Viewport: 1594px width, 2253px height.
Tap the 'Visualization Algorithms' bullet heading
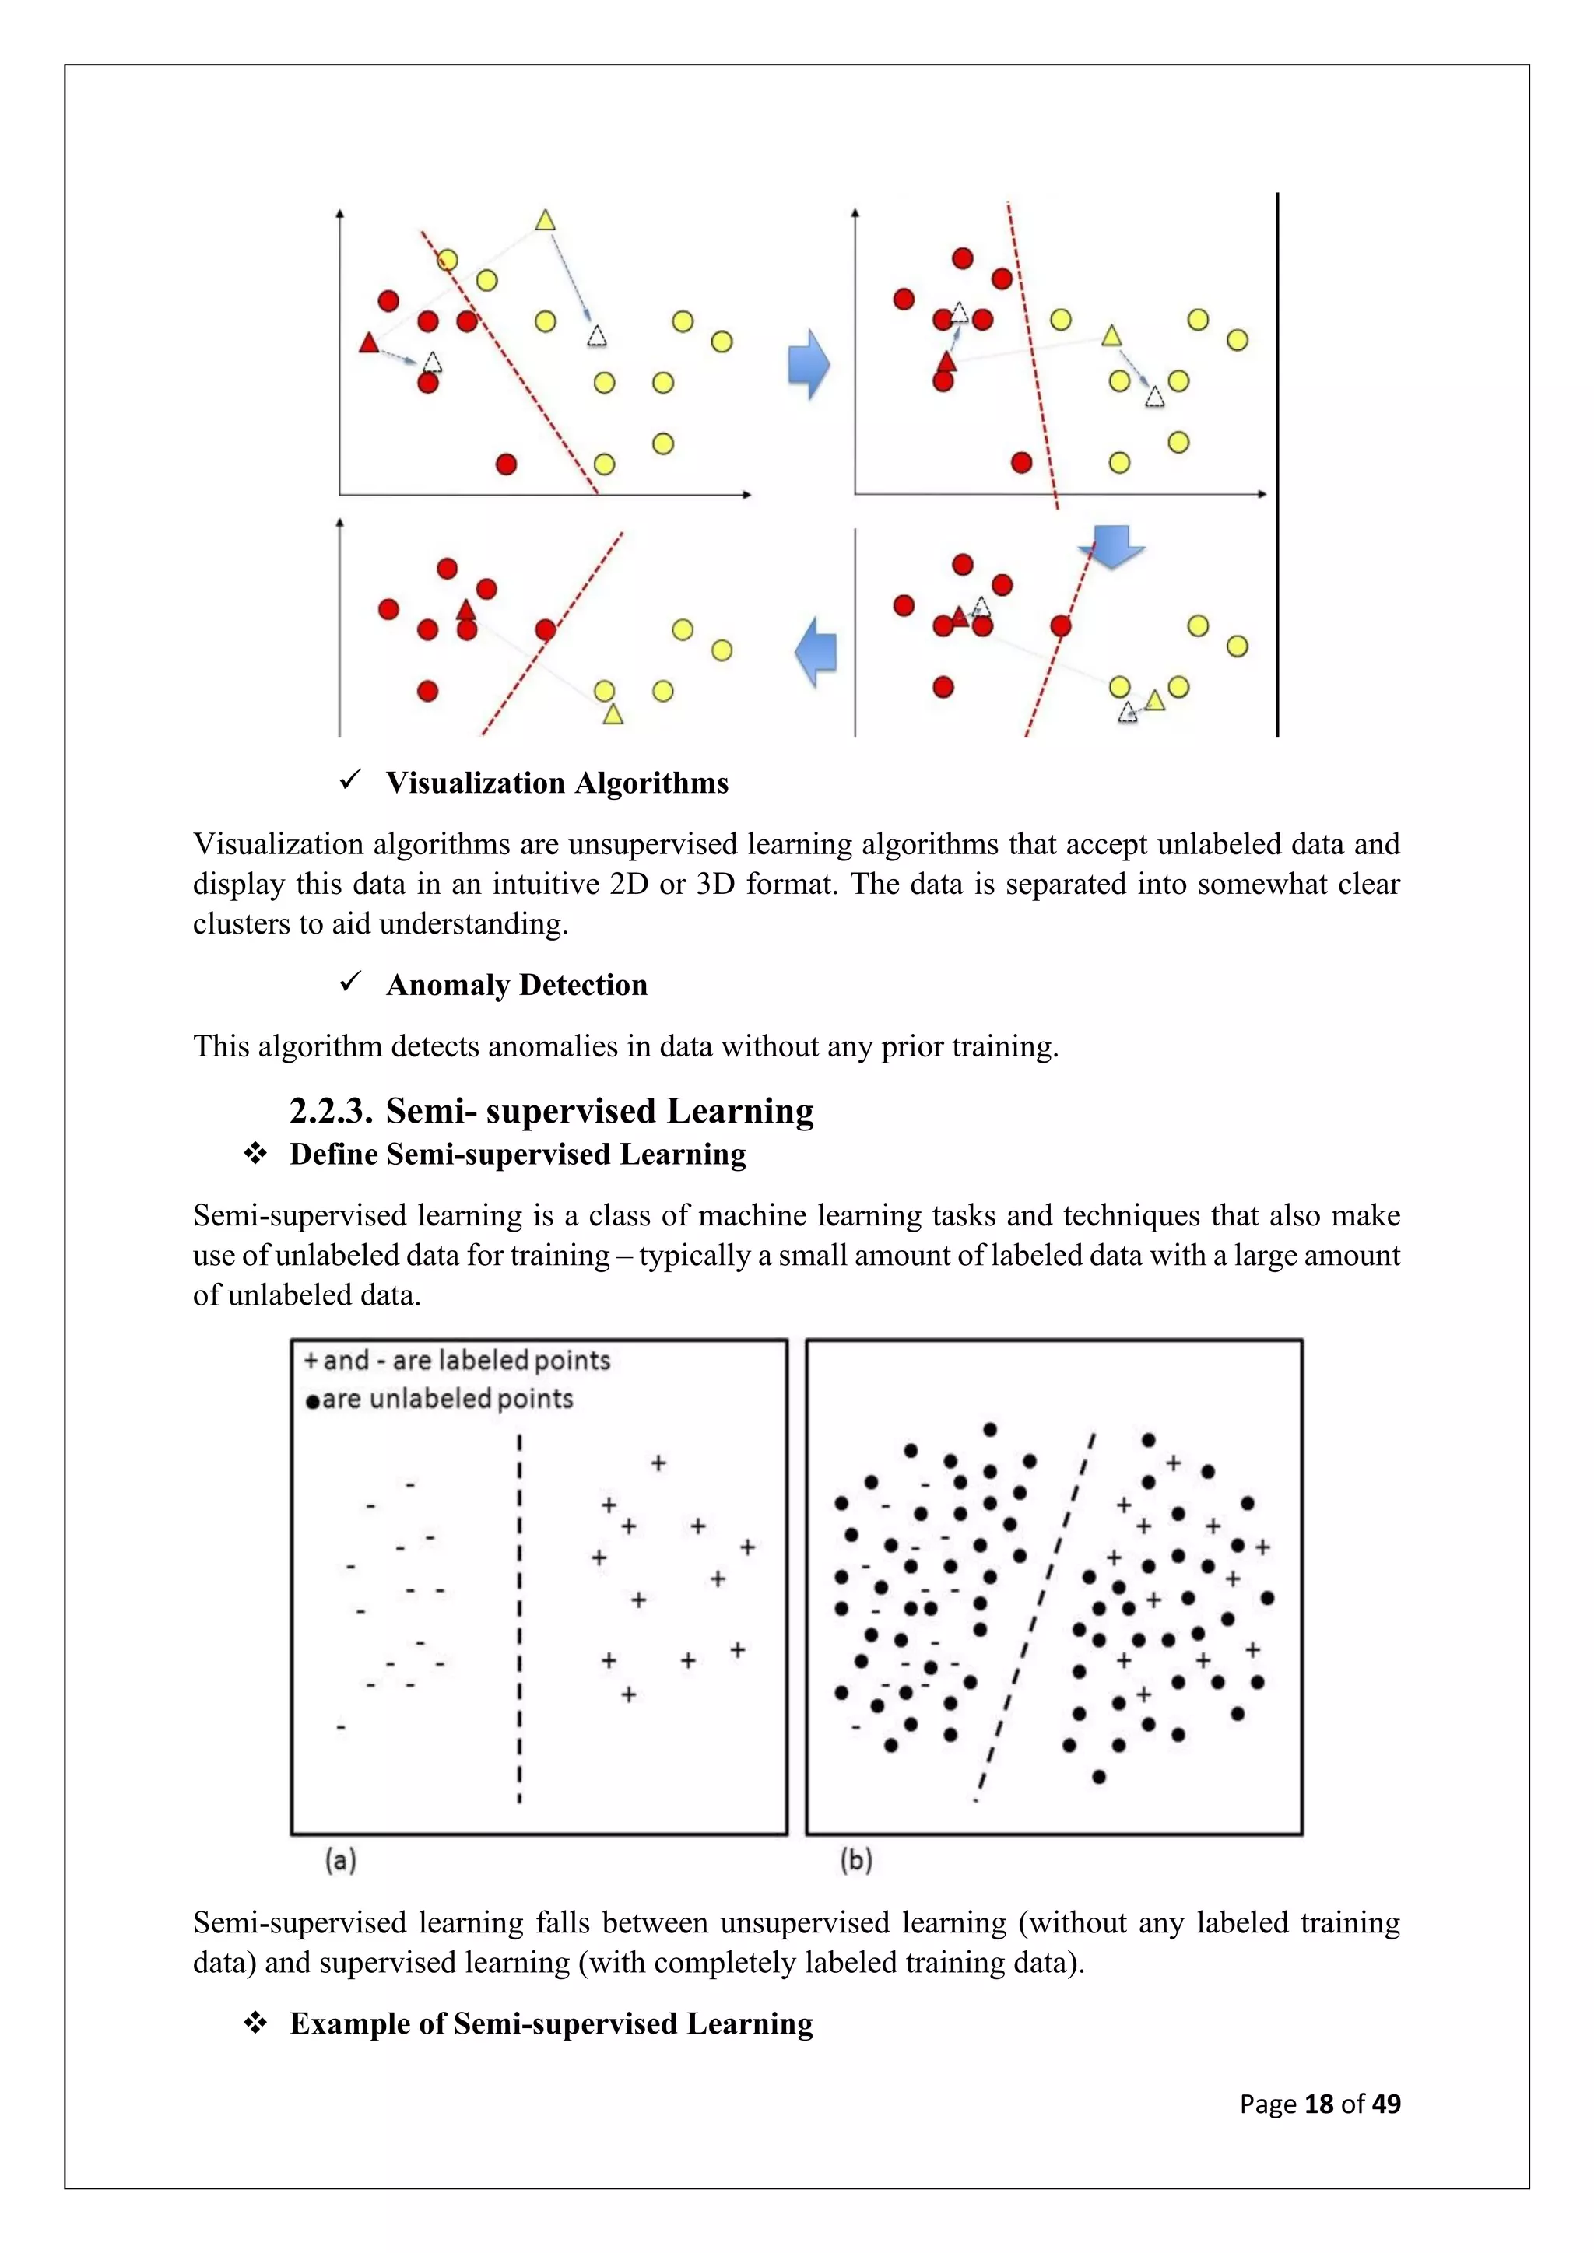tap(556, 783)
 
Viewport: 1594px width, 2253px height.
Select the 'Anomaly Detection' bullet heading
tap(516, 985)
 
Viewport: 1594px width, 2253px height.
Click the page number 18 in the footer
tap(1318, 2103)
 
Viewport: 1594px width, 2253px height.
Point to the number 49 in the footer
tap(1386, 2103)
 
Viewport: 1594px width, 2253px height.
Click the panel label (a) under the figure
tap(341, 1859)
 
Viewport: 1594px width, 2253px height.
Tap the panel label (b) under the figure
tap(856, 1859)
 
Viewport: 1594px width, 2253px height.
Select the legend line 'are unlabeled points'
tap(447, 1398)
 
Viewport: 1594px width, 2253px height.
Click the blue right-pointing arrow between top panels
tap(809, 364)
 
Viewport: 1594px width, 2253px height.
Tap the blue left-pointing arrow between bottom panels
tap(816, 653)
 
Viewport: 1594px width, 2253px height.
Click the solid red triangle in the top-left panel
tap(369, 342)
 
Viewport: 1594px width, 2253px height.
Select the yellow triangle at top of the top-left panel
tap(546, 220)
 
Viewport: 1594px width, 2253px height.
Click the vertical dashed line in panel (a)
tap(519, 1619)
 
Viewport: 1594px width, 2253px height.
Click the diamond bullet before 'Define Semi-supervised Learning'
tap(255, 1154)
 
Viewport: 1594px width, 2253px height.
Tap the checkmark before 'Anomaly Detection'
tap(350, 983)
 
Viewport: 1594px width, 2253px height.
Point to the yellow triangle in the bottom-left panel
tap(613, 714)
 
